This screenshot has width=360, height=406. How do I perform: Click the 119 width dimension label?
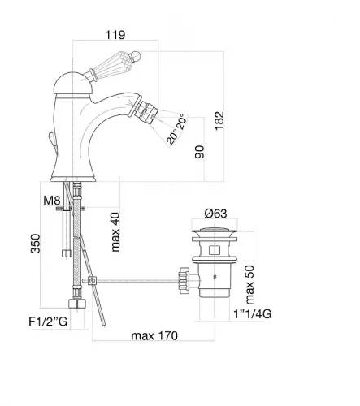click(115, 35)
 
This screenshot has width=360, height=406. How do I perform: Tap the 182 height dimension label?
click(219, 121)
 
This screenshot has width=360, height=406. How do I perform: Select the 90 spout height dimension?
click(200, 152)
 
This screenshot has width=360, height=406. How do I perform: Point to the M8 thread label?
click(52, 201)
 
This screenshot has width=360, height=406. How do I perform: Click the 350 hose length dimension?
click(35, 244)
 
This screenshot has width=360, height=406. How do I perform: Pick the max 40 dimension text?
click(115, 232)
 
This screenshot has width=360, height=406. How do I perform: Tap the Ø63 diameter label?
click(215, 214)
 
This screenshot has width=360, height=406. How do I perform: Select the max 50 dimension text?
click(249, 285)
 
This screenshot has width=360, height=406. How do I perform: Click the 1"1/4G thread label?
click(253, 314)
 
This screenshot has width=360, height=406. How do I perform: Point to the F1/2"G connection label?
click(48, 322)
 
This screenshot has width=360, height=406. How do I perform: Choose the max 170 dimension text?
click(154, 335)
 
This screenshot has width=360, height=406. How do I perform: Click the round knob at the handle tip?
click(135, 56)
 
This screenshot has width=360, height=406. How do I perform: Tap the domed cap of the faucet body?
click(72, 84)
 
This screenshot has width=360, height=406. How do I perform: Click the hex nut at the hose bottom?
click(77, 303)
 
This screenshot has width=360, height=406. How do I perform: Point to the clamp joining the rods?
click(92, 281)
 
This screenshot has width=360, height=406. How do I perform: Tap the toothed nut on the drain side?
click(184, 281)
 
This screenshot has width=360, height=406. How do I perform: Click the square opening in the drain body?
click(215, 250)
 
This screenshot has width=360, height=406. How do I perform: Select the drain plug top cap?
click(215, 230)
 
